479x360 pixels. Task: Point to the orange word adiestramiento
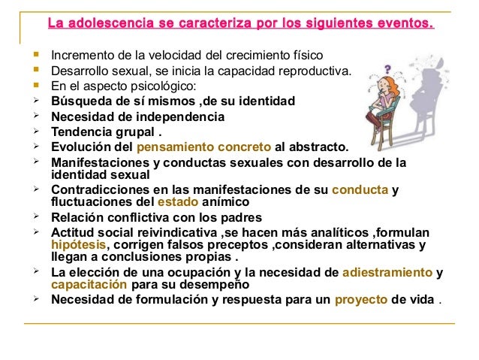coord(387,272)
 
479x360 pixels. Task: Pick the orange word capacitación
coord(89,286)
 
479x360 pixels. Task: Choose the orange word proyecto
coord(361,299)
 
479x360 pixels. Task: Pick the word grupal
coord(138,132)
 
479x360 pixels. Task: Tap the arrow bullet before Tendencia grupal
coord(35,132)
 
